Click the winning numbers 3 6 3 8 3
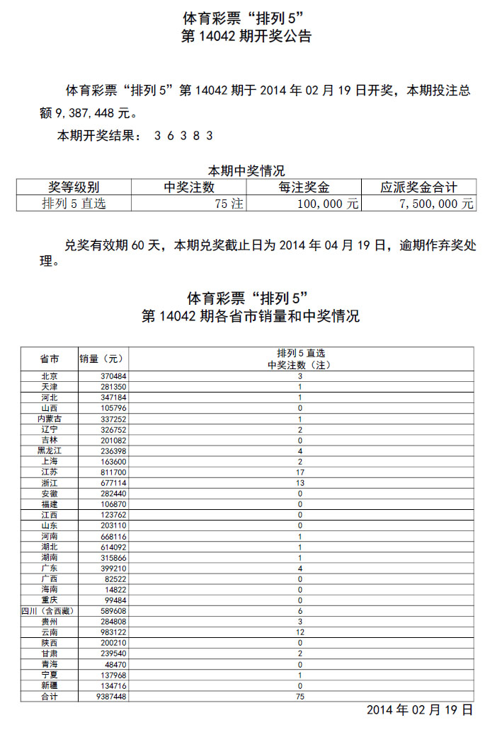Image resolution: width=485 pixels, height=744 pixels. tap(183, 135)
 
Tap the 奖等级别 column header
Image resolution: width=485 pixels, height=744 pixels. tap(74, 187)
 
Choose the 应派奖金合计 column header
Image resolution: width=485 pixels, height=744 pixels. tap(418, 187)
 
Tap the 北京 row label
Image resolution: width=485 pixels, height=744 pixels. tap(49, 376)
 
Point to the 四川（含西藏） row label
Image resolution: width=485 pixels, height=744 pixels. tap(49, 610)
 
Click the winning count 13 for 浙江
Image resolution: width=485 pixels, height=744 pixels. tap(300, 482)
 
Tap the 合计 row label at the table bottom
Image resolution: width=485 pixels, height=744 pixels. tap(49, 696)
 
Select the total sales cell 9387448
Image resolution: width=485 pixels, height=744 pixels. tap(113, 696)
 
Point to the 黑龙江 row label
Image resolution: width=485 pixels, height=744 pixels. tap(49, 451)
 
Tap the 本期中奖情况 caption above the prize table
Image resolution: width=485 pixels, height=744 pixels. tap(246, 171)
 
